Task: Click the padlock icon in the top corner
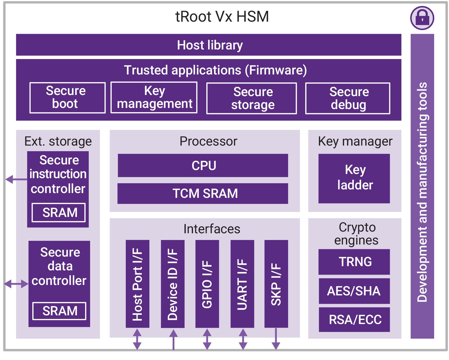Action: click(422, 18)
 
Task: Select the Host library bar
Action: click(208, 45)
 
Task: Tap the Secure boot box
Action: click(67, 98)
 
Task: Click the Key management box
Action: click(154, 98)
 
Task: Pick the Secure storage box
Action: click(251, 98)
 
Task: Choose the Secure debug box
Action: click(348, 98)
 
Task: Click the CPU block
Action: click(203, 165)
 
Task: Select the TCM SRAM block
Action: click(203, 193)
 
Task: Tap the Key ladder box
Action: click(354, 178)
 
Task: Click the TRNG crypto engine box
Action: click(354, 262)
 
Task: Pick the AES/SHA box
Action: click(354, 291)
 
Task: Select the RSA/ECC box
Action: click(354, 320)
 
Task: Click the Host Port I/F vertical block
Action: click(137, 284)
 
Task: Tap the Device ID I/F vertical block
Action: click(172, 284)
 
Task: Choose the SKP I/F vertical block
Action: click(276, 284)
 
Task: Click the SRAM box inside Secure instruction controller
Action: click(58, 212)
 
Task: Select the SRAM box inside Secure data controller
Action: click(59, 311)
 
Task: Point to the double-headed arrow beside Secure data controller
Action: click(16, 284)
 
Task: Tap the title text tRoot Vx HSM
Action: click(222, 16)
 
